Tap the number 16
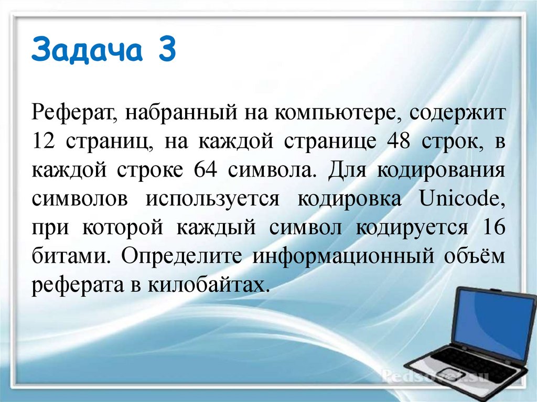pyautogui.click(x=492, y=229)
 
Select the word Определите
pyautogui.click(x=181, y=257)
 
